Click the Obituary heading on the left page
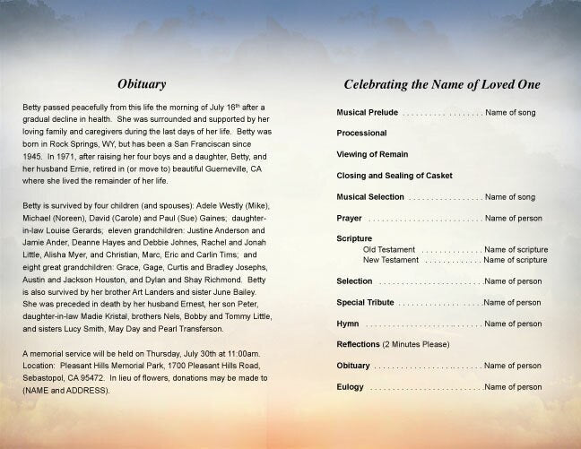tap(143, 84)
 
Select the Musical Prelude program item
tap(368, 115)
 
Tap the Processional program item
tap(362, 133)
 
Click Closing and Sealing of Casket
tap(395, 175)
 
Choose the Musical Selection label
tap(370, 196)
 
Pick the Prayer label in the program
tap(350, 218)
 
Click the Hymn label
tap(348, 324)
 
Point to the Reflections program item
tap(358, 344)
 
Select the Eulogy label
tap(351, 387)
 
